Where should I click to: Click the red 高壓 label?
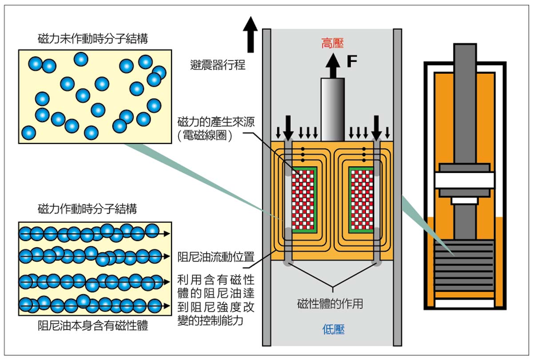333,43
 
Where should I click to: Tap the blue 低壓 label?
333,329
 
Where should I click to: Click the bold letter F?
352,62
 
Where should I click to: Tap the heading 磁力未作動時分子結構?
93,39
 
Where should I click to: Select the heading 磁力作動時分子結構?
88,208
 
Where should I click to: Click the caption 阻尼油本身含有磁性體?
93,326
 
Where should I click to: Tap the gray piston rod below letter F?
333,109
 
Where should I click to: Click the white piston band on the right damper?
465,180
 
